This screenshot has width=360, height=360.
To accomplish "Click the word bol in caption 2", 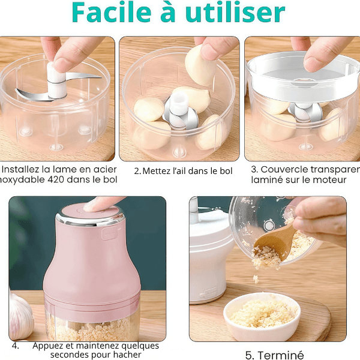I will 226,171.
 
